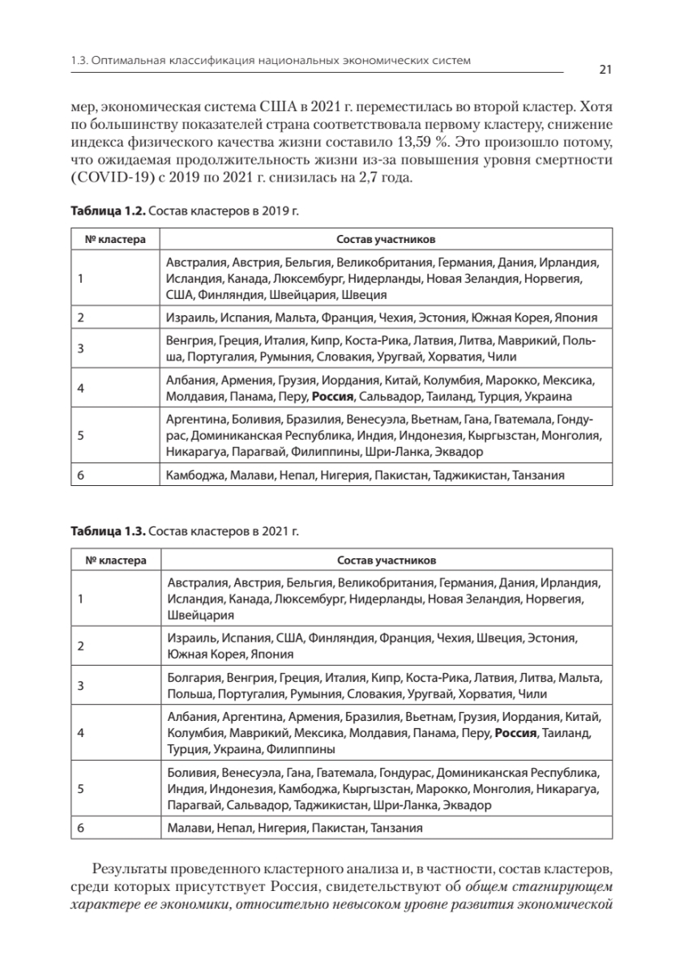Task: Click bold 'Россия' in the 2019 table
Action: [332, 397]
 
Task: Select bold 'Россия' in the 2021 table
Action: [519, 734]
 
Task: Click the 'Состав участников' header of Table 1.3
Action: [386, 560]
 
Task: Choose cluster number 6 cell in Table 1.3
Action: [81, 828]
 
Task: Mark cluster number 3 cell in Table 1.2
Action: [81, 349]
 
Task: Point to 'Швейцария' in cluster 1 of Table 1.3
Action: [193, 615]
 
